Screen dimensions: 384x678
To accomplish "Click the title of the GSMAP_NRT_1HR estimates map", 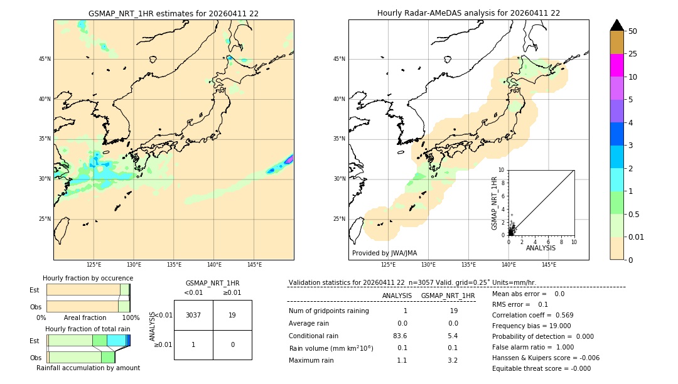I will point(173,13).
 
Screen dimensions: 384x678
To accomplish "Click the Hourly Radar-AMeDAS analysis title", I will point(468,13).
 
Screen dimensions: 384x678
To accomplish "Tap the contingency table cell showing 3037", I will point(193,315).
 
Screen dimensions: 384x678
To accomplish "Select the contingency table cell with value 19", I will point(232,315).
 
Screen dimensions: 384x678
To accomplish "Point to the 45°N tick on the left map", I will point(45,59).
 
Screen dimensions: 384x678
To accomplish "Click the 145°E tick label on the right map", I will point(549,265).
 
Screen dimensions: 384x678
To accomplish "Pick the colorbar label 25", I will point(633,54).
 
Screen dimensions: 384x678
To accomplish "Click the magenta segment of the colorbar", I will point(617,65).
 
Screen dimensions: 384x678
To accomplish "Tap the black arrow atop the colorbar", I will point(617,25).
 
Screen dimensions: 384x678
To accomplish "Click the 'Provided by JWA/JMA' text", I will point(384,253).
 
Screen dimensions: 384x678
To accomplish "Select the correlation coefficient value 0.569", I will point(560,315).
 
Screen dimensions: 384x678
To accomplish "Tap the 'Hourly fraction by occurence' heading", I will point(88,278).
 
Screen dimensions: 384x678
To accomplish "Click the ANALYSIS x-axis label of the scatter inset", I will point(541,248).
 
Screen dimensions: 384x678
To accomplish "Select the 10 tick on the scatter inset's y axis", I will point(501,169).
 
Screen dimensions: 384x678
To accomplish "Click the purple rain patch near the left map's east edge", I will point(289,160).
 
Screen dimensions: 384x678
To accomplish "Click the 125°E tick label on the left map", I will point(94,265).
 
